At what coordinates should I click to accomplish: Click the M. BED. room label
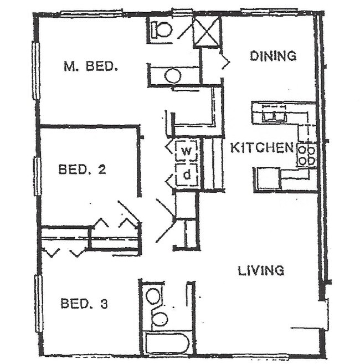[91, 66]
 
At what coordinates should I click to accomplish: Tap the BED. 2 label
[82, 170]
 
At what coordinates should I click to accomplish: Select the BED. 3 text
[84, 304]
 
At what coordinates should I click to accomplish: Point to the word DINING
[272, 55]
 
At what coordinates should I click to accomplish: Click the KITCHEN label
[261, 148]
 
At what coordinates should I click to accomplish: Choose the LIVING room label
[261, 271]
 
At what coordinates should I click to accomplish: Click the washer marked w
[187, 150]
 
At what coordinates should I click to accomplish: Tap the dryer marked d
[187, 175]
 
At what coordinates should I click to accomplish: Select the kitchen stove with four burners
[306, 155]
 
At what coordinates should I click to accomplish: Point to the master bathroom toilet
[163, 29]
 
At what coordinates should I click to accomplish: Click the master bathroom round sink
[173, 76]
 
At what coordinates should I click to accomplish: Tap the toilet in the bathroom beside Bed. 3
[160, 319]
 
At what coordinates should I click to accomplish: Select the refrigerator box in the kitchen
[266, 179]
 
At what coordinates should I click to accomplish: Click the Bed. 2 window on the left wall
[37, 176]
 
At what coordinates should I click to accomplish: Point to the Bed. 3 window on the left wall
[39, 303]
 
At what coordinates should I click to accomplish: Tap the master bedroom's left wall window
[36, 70]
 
